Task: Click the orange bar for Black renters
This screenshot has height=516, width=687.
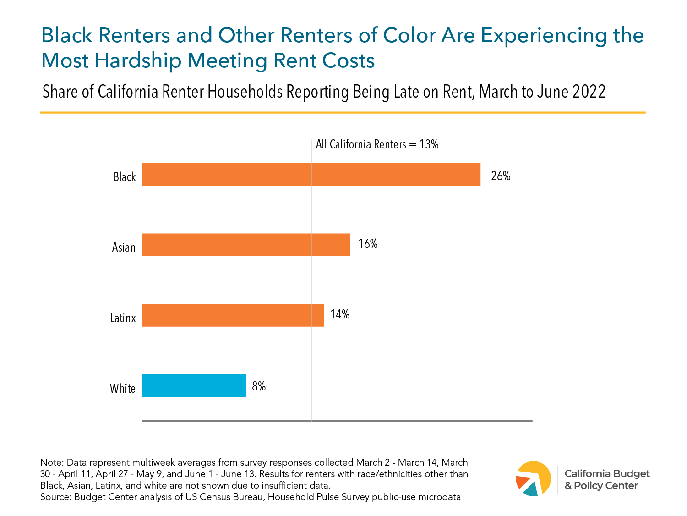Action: pos(311,174)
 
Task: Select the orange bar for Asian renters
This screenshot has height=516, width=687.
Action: pos(246,245)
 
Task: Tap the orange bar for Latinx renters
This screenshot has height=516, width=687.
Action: pos(233,315)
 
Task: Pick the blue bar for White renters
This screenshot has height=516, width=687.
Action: pos(194,385)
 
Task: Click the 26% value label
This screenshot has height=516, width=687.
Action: pos(501,176)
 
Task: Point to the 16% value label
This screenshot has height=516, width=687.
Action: pos(368,244)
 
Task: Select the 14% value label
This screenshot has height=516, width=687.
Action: pos(340,314)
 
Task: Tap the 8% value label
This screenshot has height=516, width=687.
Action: pos(259,386)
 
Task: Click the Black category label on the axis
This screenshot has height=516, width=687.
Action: pos(125,177)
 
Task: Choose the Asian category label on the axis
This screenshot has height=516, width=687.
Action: pos(124,247)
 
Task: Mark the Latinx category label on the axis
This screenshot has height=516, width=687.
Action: pos(123,318)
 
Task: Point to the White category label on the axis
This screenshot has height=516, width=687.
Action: pos(123,389)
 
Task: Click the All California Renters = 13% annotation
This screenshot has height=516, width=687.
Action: pos(377,144)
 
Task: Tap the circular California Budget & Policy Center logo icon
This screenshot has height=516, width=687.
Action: pos(533,478)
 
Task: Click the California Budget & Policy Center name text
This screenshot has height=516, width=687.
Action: pos(606,479)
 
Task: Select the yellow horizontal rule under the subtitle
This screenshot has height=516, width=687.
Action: pos(343,112)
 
